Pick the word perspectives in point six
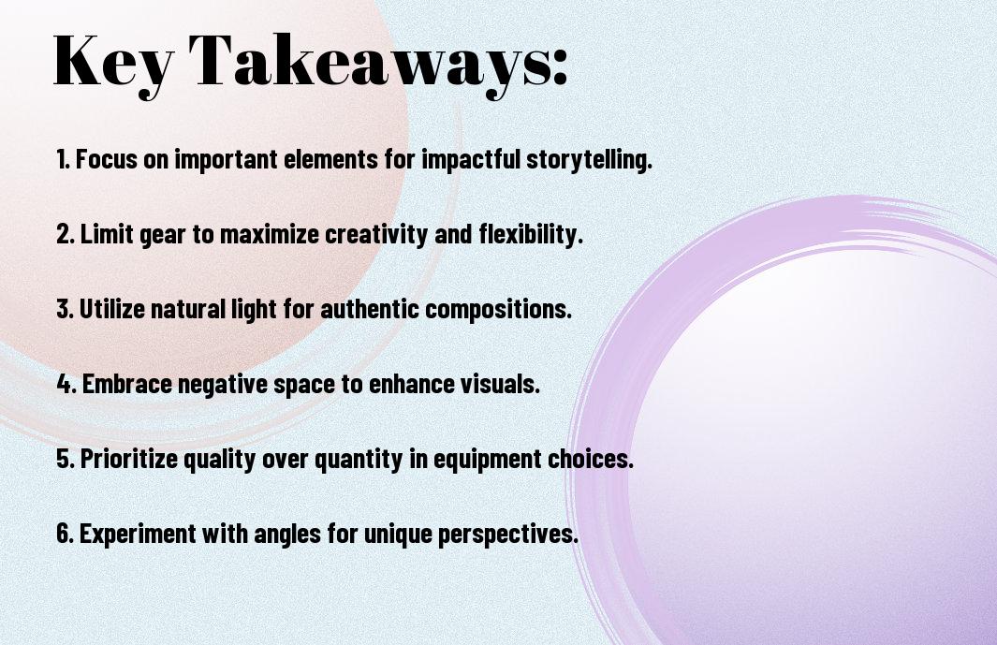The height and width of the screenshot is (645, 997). coord(513,535)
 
